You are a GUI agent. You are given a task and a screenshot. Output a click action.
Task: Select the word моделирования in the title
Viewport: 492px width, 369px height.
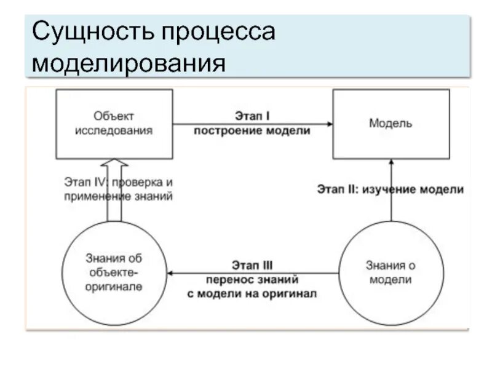[129, 63]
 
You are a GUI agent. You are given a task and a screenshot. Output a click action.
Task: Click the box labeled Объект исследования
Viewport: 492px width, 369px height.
[114, 123]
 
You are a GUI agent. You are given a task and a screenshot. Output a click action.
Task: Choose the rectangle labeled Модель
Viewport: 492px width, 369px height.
[391, 123]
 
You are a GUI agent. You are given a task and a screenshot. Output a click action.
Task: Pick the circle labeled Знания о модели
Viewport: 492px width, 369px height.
[391, 272]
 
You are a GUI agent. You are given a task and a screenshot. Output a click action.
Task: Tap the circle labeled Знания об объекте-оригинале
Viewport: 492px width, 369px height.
[114, 272]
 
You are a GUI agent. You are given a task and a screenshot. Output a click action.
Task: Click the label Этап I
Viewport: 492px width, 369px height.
[252, 116]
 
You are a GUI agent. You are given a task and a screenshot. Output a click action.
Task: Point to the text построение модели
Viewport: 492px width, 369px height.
[252, 130]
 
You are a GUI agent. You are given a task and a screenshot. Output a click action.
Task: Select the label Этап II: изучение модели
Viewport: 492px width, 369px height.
[391, 189]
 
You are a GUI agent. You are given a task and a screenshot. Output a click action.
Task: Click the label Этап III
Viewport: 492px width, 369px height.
[252, 265]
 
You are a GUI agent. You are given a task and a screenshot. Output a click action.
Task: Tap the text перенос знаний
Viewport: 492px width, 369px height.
[252, 279]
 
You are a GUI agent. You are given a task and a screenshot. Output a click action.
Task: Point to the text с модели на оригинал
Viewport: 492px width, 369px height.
[252, 293]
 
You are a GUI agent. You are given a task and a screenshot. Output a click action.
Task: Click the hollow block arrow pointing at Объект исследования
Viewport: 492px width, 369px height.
[114, 184]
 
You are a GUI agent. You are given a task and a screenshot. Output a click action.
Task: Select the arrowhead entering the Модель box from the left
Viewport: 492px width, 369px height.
[330, 124]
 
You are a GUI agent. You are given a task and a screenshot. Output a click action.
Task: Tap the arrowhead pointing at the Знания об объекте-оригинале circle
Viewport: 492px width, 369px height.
[172, 272]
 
